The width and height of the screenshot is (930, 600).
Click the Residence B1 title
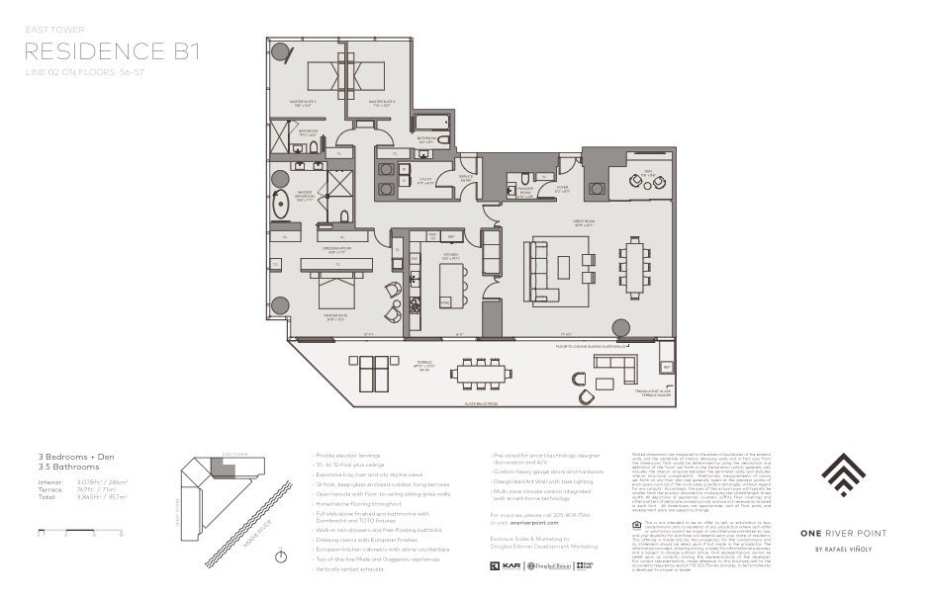pos(111,51)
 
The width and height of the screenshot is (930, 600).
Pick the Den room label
pos(648,174)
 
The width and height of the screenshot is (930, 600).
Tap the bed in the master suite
pos(332,289)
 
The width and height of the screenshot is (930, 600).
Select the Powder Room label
pos(525,193)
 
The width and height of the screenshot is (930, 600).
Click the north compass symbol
pos(281,557)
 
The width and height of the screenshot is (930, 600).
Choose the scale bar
pos(79,532)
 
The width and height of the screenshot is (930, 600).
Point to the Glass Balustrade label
pos(473,403)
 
